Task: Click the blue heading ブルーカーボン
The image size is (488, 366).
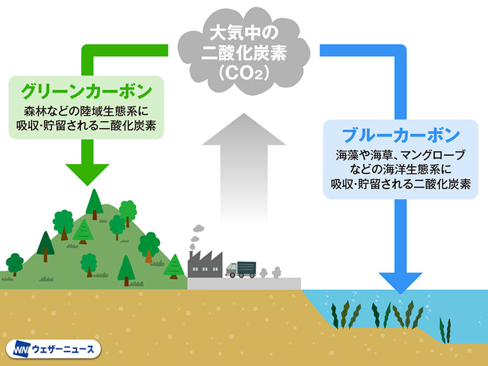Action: pyautogui.click(x=401, y=134)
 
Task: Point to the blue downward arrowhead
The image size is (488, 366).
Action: pyautogui.click(x=400, y=280)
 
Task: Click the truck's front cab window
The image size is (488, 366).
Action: pyautogui.click(x=231, y=267)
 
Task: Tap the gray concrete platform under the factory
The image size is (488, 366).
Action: pyautogui.click(x=244, y=284)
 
